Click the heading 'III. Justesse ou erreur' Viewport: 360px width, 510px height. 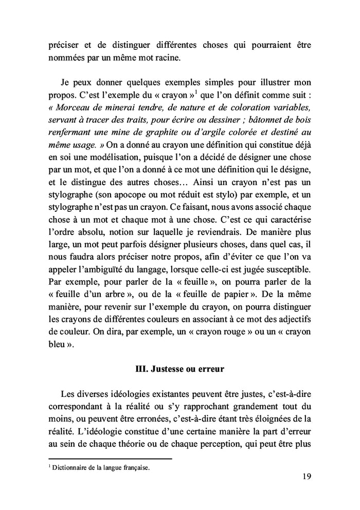tap(179, 369)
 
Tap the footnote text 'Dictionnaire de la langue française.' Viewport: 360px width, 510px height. tap(101, 468)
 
